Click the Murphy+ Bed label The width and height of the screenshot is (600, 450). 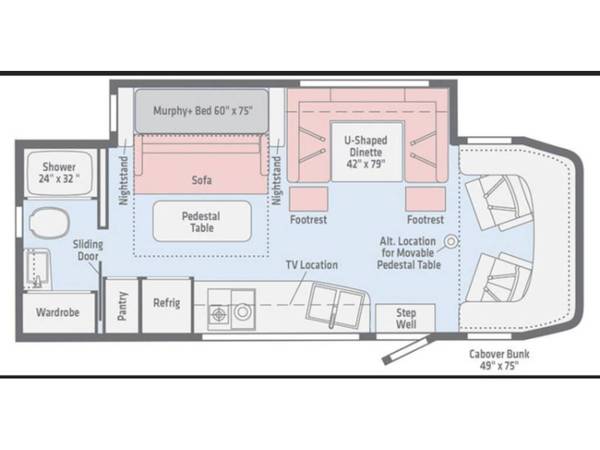pos(203,111)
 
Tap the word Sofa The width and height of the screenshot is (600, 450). pos(202,180)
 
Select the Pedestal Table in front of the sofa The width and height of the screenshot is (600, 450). pos(202,222)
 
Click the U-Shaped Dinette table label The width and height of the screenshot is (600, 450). pos(366,152)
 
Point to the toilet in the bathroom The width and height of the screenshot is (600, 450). pos(49,222)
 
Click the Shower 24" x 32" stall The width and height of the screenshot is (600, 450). pos(59,173)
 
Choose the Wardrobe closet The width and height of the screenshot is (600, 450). pos(58,312)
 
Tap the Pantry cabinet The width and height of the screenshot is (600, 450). pos(122,306)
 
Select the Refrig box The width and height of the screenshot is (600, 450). pos(167,305)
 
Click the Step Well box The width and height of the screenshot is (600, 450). pos(406,318)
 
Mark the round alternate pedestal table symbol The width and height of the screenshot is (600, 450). pos(452,241)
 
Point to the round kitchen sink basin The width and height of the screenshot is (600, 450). pos(243,312)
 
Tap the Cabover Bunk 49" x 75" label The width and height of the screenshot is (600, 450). pos(499,359)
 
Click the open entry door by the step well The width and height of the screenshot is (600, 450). pos(407,351)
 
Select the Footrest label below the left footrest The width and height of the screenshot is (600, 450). pos(308,220)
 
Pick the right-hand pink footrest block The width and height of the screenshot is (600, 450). pos(426,199)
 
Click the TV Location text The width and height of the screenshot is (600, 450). pos(312,265)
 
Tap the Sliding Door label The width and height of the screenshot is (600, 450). pos(88,250)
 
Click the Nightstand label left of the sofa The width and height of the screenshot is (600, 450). pos(123,180)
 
